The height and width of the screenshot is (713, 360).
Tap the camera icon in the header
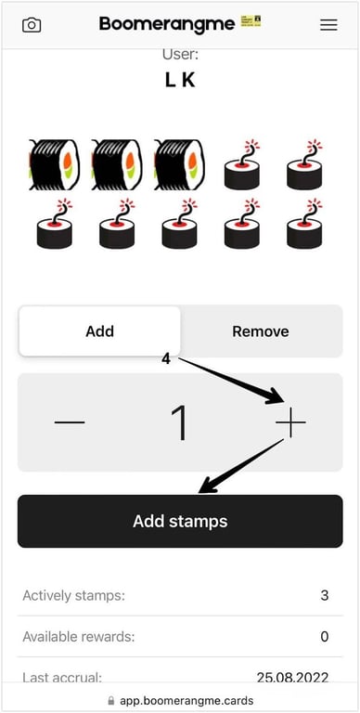32,24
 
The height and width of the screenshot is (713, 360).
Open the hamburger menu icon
328,25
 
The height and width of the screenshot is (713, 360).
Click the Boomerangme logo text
167,24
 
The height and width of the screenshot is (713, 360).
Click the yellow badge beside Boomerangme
251,21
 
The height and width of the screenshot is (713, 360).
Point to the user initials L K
180,81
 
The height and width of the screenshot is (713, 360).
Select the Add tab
99,331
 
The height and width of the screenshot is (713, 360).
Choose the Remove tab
261,331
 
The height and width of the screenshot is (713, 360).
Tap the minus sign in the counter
69,422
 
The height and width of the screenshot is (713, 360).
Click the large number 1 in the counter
180,423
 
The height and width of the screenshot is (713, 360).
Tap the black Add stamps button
180,521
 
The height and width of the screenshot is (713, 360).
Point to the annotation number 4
166,359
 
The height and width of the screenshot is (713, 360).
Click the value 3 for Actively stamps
324,595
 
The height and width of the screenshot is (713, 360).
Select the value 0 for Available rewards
324,636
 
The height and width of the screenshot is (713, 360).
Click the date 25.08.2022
292,678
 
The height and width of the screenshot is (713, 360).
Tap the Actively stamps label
73,596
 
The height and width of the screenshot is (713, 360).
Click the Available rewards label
79,637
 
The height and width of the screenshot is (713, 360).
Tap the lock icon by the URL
111,701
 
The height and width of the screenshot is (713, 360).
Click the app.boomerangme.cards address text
186,701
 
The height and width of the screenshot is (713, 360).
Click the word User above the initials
180,55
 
